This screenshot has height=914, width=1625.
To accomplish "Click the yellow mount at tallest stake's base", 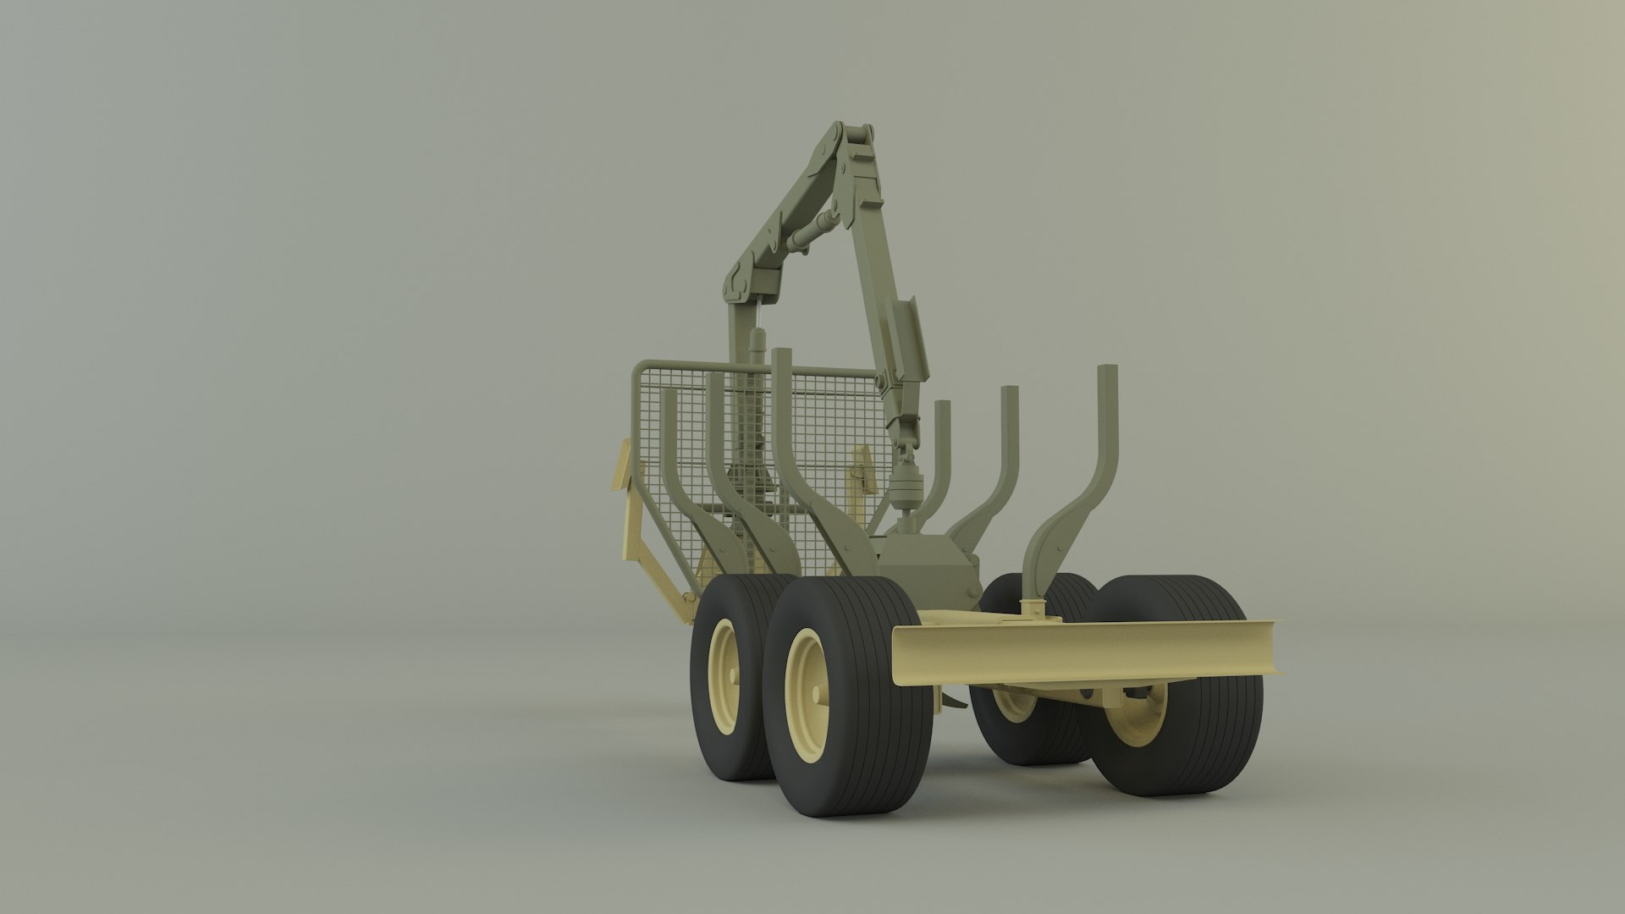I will click(x=1032, y=608).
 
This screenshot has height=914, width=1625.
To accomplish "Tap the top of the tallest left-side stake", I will click(x=780, y=354).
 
